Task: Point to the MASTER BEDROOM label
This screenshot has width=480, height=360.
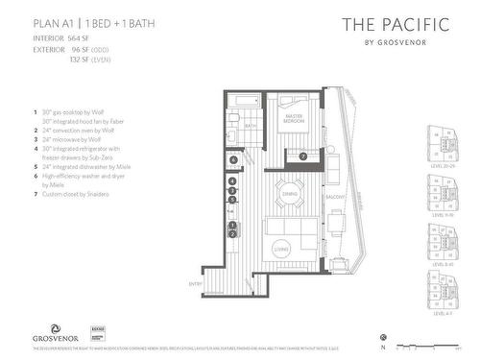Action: [x=292, y=117]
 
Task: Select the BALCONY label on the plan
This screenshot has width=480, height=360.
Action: [x=335, y=197]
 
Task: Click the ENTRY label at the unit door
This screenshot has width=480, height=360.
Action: [x=223, y=284]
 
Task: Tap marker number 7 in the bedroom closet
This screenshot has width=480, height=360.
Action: [x=302, y=156]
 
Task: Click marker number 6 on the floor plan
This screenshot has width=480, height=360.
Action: [x=232, y=157]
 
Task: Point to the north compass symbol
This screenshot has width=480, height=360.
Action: [x=383, y=337]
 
